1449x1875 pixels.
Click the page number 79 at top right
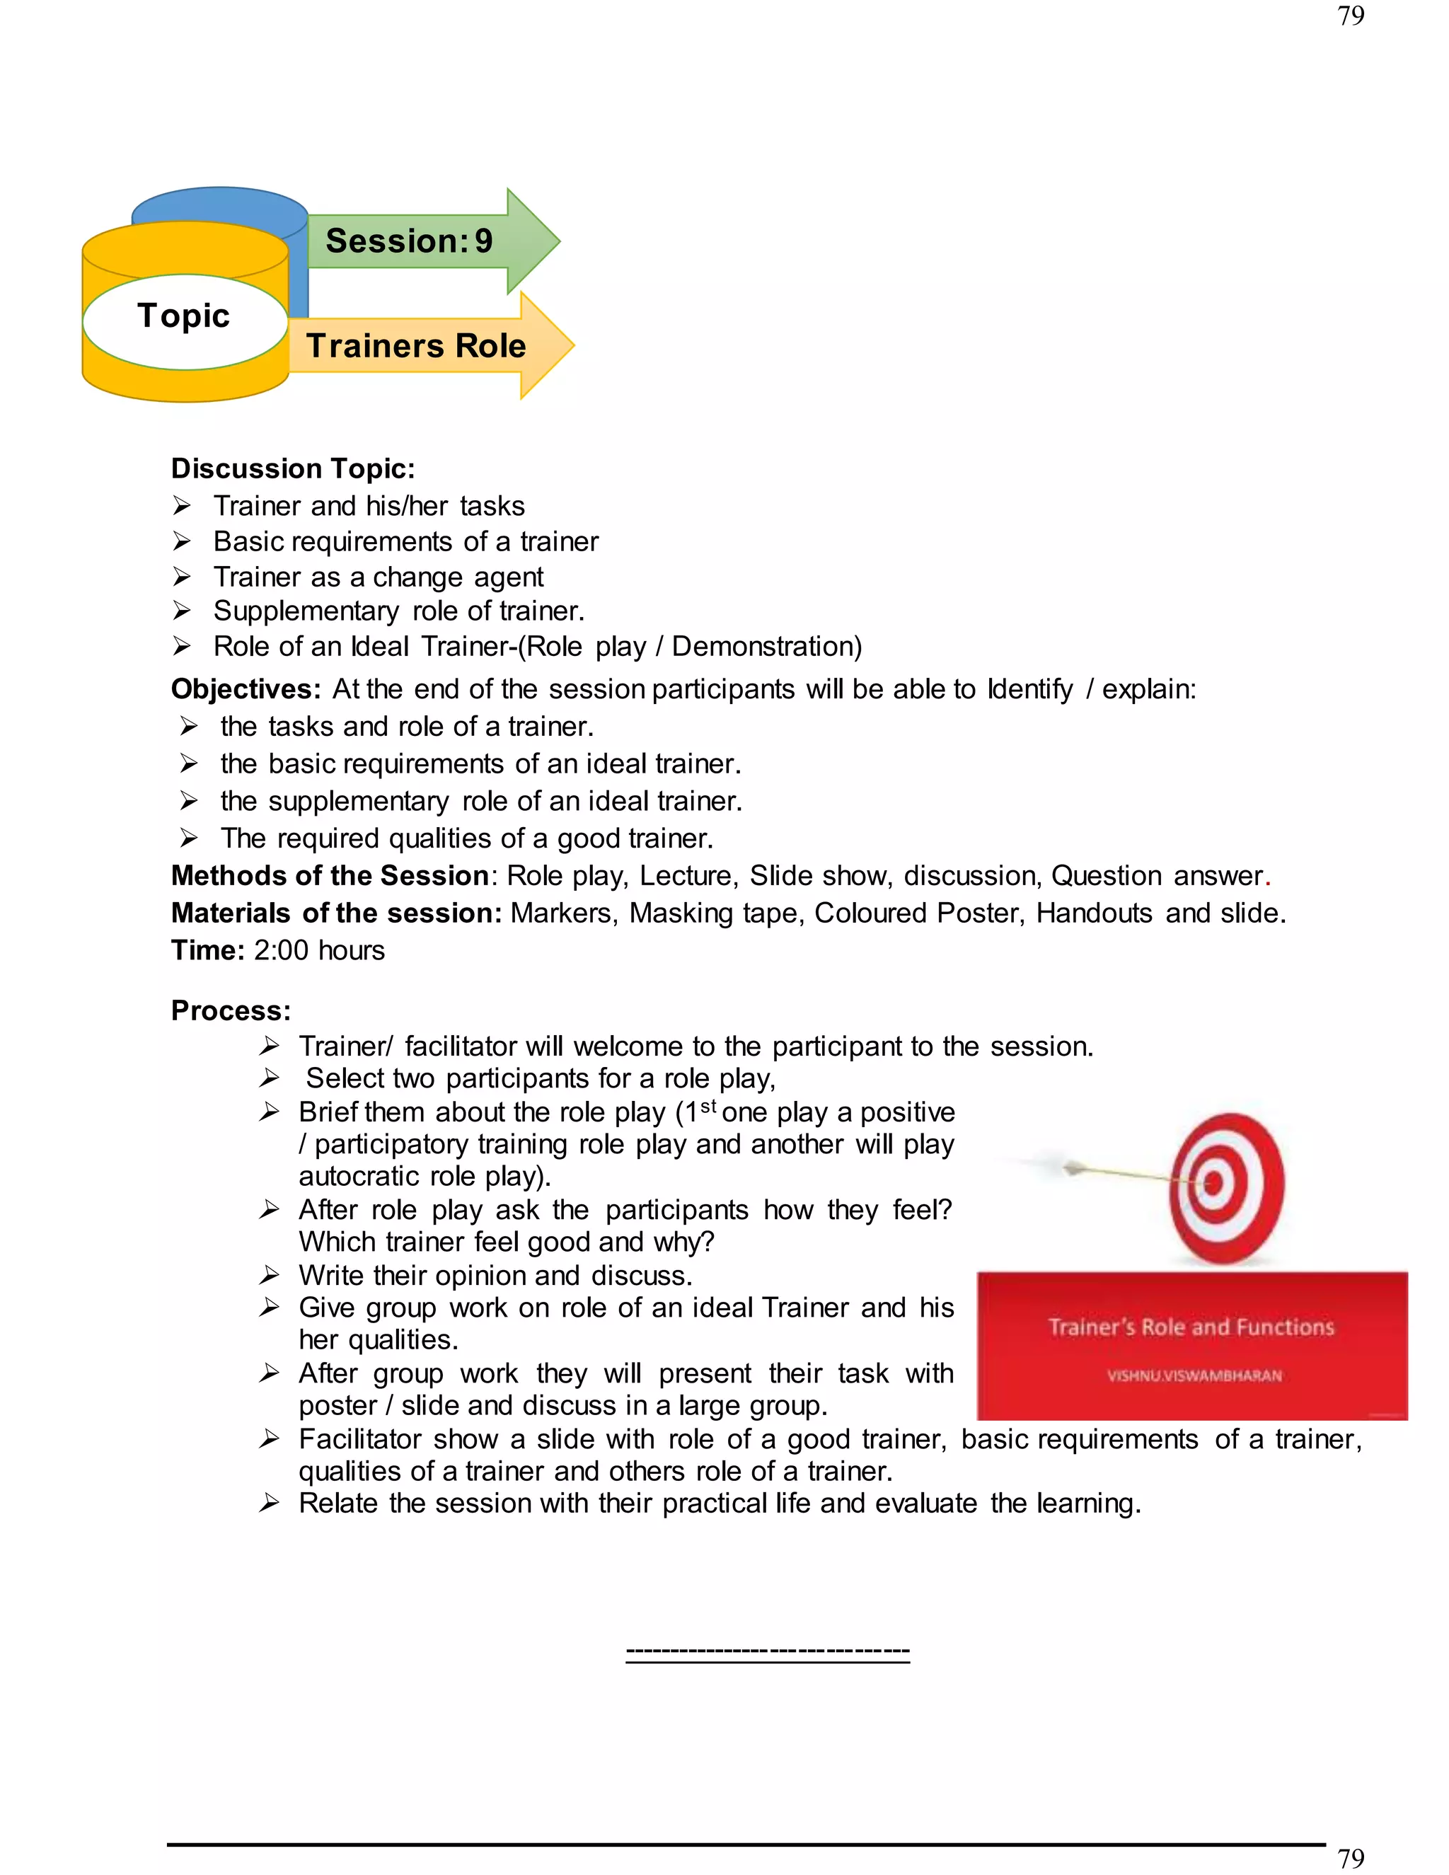[x=1350, y=16]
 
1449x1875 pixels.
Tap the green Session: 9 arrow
[x=421, y=241]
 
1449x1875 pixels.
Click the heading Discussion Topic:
[x=293, y=468]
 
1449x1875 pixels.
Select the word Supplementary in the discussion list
[x=306, y=611]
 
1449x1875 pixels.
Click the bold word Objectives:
[x=246, y=689]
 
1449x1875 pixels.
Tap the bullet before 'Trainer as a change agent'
[x=181, y=576]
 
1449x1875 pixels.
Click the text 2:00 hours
[x=319, y=950]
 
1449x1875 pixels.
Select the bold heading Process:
[x=231, y=1010]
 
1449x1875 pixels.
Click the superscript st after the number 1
[x=708, y=1106]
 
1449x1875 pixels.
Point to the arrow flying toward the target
[x=1116, y=1172]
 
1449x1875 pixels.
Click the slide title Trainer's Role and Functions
[x=1191, y=1327]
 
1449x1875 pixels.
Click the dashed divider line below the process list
[x=768, y=1651]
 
